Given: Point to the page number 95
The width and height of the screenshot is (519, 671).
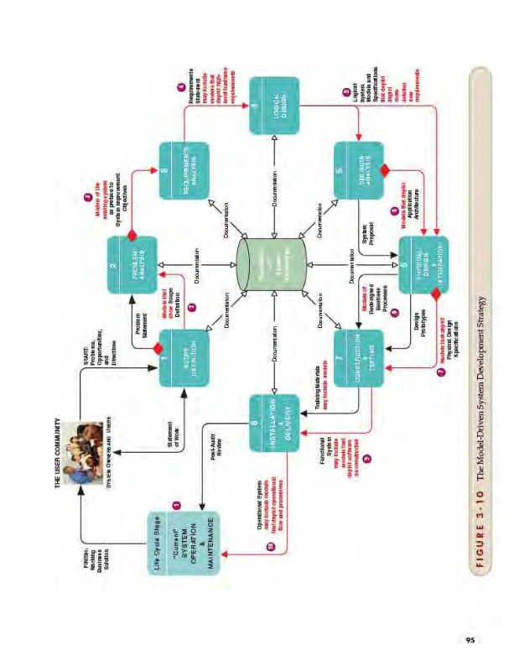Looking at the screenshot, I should click(x=471, y=641).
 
